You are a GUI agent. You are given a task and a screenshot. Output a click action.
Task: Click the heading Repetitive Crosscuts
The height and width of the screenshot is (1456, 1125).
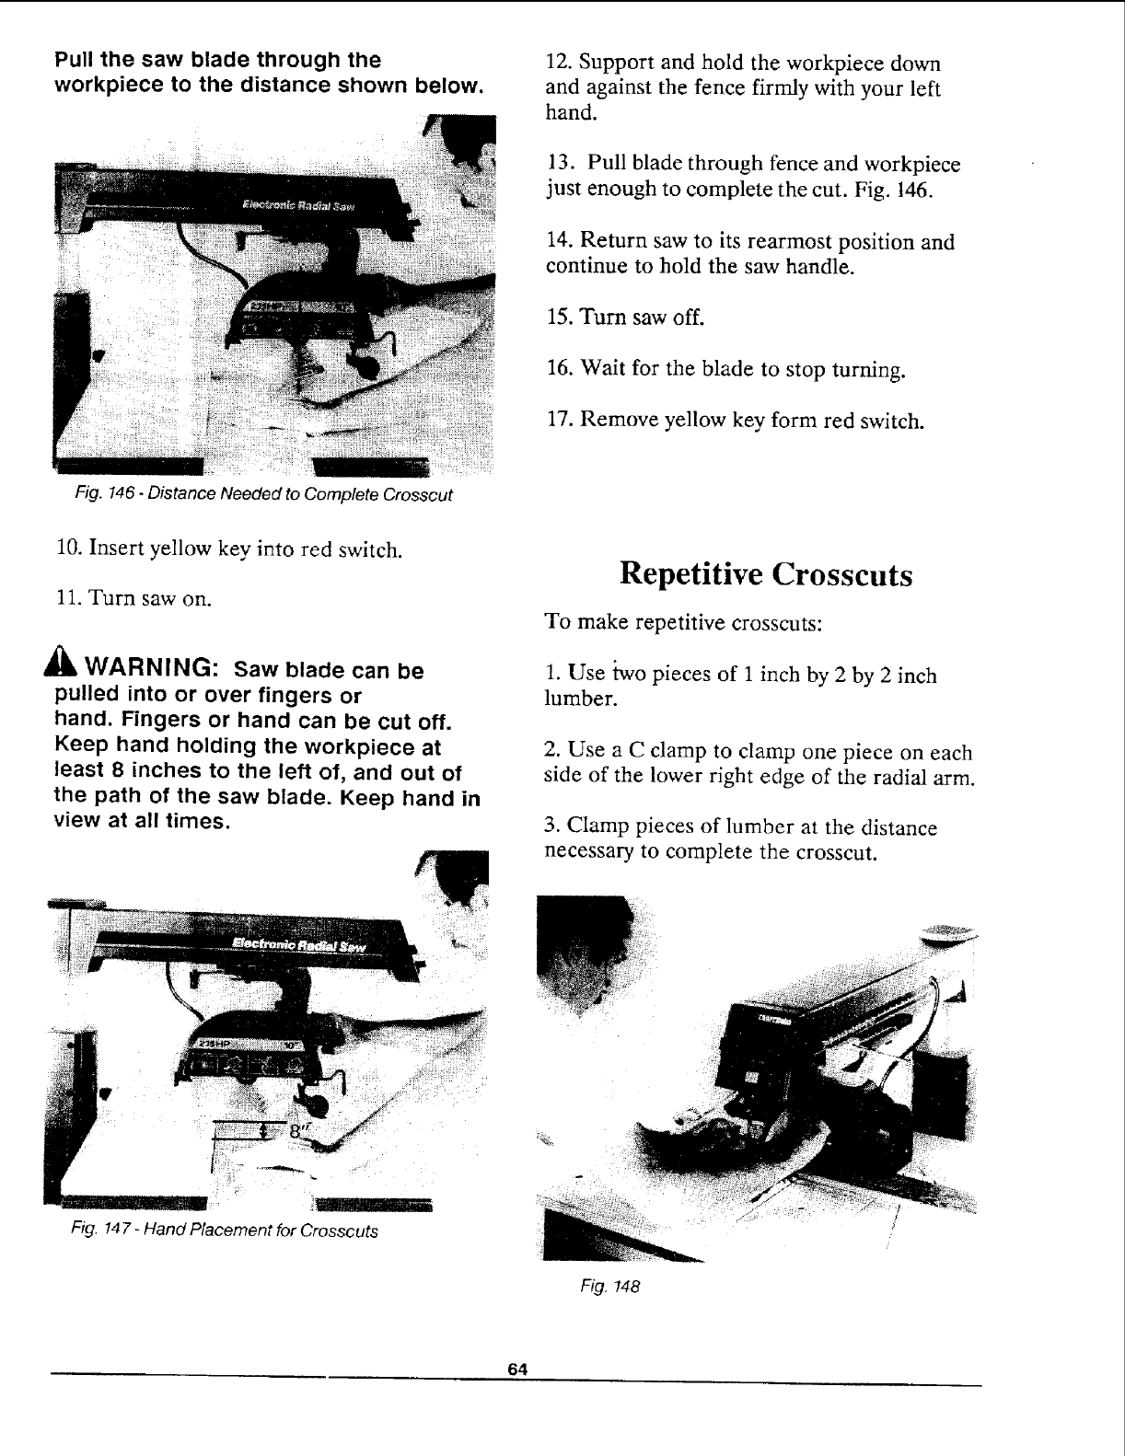[x=766, y=574]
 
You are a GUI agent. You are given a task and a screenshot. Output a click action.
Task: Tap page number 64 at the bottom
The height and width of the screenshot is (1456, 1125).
[x=516, y=1369]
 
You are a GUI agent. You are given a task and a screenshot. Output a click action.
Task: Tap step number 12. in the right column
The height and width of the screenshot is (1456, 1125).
[x=556, y=64]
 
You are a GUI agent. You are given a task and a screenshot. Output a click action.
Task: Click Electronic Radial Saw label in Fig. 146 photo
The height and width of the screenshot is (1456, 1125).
[x=299, y=205]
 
